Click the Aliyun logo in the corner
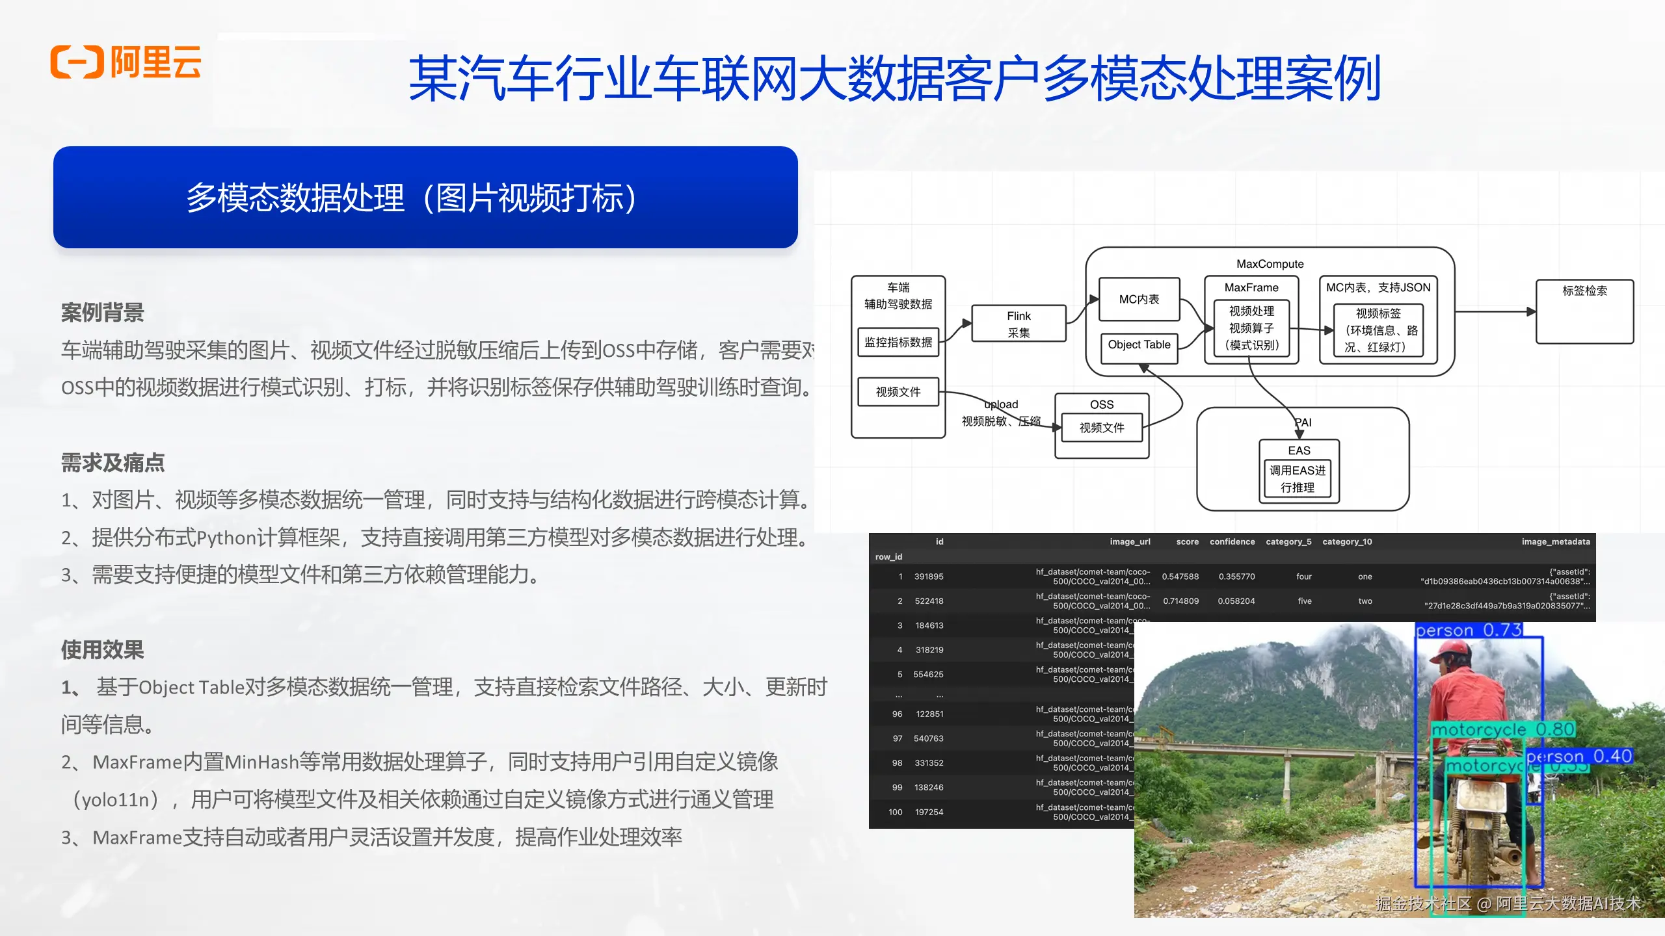coord(126,62)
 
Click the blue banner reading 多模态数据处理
coord(425,197)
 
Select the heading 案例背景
coord(102,313)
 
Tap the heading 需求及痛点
coord(113,463)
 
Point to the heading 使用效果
coord(102,649)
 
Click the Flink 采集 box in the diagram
coord(1019,324)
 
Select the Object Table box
coord(1139,345)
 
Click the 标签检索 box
coord(1584,311)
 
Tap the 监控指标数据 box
coord(898,343)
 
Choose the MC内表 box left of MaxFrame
coord(1139,300)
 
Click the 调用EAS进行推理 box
coord(1298,479)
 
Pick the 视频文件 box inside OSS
coord(1101,428)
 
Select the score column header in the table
coord(1187,541)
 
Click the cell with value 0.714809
coord(1180,601)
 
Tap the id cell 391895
coord(929,577)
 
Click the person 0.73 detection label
coord(1469,630)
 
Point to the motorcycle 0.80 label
coord(1502,730)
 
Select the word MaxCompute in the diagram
coord(1270,264)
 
